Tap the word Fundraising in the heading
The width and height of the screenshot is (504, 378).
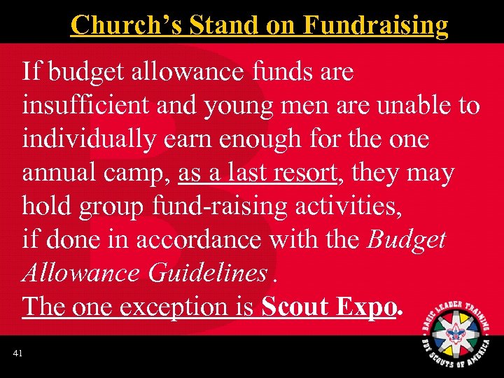[376, 25]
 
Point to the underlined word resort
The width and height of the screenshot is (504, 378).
[304, 172]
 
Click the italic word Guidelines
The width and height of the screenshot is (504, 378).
[207, 273]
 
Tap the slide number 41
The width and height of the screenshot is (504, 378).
[17, 354]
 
